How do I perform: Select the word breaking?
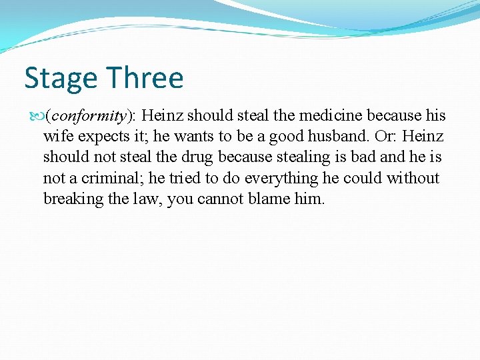pos(69,199)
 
